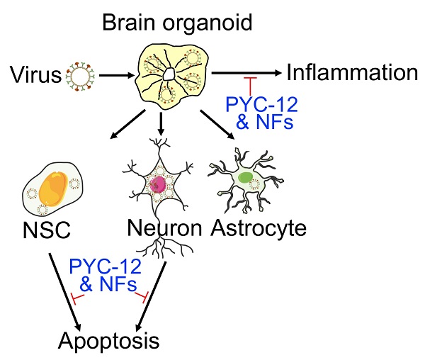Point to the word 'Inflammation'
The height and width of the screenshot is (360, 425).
(x=353, y=72)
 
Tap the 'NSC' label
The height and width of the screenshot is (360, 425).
(x=42, y=231)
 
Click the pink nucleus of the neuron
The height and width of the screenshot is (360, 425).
(x=157, y=185)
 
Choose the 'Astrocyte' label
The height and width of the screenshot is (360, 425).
(x=260, y=228)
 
